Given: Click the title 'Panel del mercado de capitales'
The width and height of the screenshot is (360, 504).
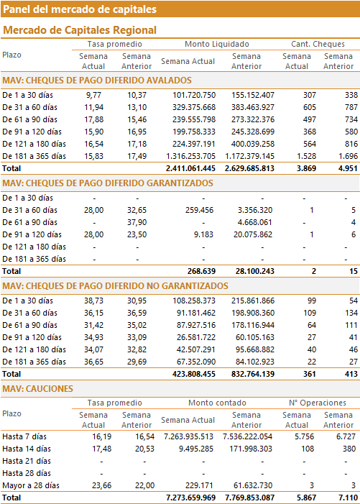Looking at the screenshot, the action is pyautogui.click(x=80, y=9).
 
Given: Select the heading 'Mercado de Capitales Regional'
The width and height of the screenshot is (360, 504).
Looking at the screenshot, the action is pyautogui.click(x=80, y=30).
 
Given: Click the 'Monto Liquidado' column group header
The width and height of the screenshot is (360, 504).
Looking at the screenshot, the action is pyautogui.click(x=217, y=44).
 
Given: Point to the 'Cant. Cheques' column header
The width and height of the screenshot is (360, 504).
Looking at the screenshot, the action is pyautogui.click(x=318, y=44).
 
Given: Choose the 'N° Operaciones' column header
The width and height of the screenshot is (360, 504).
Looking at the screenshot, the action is pyautogui.click(x=318, y=403).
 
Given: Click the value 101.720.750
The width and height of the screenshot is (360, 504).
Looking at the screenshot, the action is pyautogui.click(x=194, y=95).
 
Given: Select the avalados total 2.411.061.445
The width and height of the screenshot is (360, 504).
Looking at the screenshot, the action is pyautogui.click(x=190, y=168).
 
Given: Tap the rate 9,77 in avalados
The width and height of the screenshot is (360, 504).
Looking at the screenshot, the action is pyautogui.click(x=93, y=95).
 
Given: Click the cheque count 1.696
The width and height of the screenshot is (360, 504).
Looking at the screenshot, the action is pyautogui.click(x=348, y=156).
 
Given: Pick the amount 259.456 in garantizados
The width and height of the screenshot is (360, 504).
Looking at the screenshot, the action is pyautogui.click(x=200, y=210).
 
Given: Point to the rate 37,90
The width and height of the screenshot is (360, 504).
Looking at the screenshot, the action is pyautogui.click(x=137, y=222).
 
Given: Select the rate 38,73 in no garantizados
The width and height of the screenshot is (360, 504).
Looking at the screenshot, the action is pyautogui.click(x=94, y=301).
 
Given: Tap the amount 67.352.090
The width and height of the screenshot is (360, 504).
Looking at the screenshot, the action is pyautogui.click(x=196, y=362).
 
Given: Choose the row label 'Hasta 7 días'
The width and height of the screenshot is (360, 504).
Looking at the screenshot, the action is pyautogui.click(x=24, y=436).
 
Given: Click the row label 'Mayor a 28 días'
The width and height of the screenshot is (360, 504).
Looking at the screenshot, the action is pyautogui.click(x=31, y=485).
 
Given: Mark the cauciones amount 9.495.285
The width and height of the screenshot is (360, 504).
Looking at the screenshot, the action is pyautogui.click(x=196, y=449).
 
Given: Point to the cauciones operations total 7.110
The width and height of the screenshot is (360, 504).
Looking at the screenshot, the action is pyautogui.click(x=348, y=498).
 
